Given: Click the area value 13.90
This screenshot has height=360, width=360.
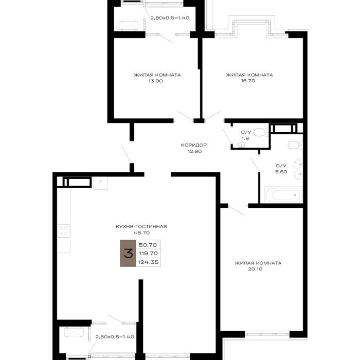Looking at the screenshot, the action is tap(156, 81).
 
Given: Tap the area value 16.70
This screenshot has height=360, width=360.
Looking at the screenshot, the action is tap(248, 81).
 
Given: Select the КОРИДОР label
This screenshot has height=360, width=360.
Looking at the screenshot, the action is tap(194, 145).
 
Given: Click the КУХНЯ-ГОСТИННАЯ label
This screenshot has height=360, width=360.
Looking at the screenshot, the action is tap(141, 227).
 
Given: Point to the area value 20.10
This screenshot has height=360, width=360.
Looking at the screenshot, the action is tap(255, 269).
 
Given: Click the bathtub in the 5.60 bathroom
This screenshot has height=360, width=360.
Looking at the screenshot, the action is tap(283, 195).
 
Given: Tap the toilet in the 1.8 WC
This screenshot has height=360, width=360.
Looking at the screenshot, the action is tap(261, 132).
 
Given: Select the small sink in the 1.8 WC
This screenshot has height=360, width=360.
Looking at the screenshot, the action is tap(241, 145).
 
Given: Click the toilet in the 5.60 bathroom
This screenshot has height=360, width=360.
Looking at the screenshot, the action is tap(295, 145).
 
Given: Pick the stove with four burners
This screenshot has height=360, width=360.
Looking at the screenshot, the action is tap(64, 231).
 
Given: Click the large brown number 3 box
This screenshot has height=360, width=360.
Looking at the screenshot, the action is tap(128, 253).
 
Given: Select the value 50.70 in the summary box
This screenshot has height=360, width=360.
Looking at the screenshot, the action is tap(148, 245).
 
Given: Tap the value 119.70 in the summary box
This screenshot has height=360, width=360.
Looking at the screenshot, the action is tap(148, 254).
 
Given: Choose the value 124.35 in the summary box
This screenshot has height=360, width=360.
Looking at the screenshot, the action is tap(148, 262).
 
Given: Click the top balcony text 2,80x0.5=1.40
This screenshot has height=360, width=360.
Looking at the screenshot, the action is tap(170, 17).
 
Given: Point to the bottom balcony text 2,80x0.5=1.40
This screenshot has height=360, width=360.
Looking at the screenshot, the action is tap(115, 337).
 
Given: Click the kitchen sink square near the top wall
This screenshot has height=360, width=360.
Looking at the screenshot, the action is tap(101, 183).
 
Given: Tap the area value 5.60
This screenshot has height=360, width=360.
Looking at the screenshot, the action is tap(281, 172).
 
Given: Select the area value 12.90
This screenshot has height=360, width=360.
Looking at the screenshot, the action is tap(195, 151).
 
